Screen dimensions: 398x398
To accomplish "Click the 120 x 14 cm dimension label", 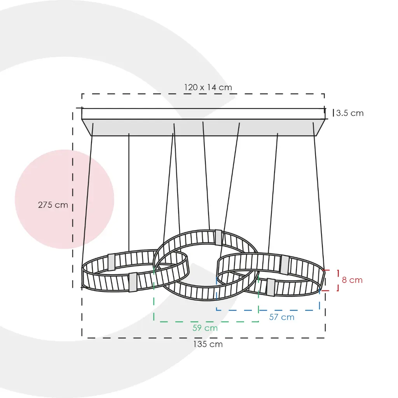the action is tap(208, 87).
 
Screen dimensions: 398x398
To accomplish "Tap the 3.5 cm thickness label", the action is tap(350, 113).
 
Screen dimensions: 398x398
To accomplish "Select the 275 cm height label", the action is tap(53, 205).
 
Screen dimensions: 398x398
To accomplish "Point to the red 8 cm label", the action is tap(352, 280).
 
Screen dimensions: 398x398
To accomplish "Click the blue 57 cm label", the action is tap(282, 317).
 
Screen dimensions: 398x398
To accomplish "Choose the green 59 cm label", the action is tap(205, 328).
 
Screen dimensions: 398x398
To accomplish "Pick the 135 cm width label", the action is tap(208, 344).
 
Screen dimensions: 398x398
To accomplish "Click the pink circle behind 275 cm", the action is tap(65, 199).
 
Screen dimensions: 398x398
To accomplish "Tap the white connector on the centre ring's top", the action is tap(218, 237).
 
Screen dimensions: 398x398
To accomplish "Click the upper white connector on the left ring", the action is tap(112, 262).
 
